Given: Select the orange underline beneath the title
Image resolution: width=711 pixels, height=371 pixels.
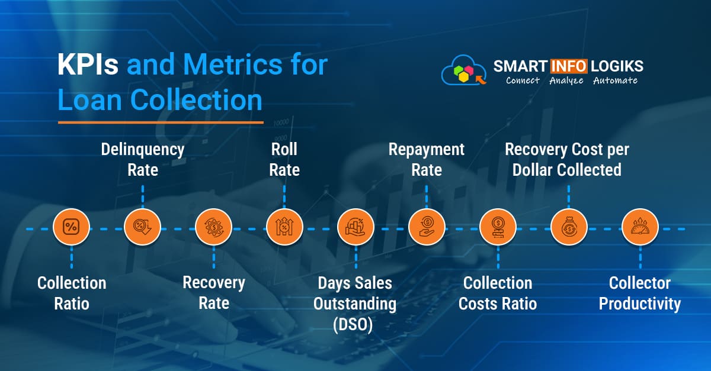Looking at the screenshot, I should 160,122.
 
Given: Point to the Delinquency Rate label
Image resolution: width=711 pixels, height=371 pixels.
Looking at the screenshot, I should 143,160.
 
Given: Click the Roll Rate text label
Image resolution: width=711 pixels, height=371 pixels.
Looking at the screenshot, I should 284,160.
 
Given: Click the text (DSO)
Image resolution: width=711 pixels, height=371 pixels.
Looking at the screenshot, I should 355,324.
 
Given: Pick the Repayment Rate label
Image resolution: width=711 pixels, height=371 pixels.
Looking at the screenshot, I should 427,160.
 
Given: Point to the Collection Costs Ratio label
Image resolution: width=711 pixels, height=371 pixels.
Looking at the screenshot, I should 498,293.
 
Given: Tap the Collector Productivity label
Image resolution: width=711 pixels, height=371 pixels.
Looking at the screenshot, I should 640,293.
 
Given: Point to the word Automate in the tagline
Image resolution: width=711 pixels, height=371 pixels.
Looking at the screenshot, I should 615,80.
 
